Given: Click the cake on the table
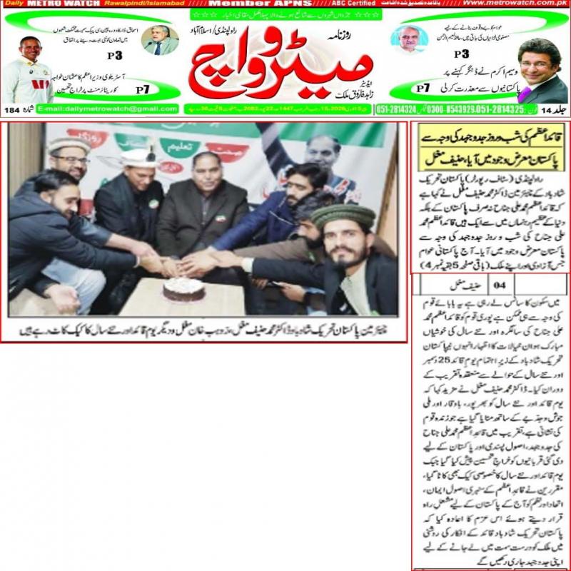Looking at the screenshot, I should point(183,288).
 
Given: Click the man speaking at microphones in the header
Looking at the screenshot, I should point(161,41).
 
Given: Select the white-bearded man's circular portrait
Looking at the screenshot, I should point(409,39).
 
